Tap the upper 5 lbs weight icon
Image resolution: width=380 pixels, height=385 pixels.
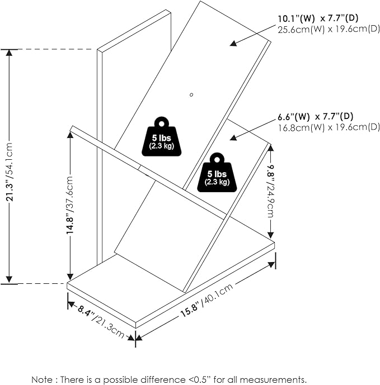(x=161, y=135)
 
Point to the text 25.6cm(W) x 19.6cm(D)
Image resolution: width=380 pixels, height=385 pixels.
(x=329, y=28)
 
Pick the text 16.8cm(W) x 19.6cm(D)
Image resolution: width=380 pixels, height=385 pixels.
(x=329, y=127)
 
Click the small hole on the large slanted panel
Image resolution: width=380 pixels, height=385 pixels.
(x=191, y=94)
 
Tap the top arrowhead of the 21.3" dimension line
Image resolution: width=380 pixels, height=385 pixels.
(x=9, y=52)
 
